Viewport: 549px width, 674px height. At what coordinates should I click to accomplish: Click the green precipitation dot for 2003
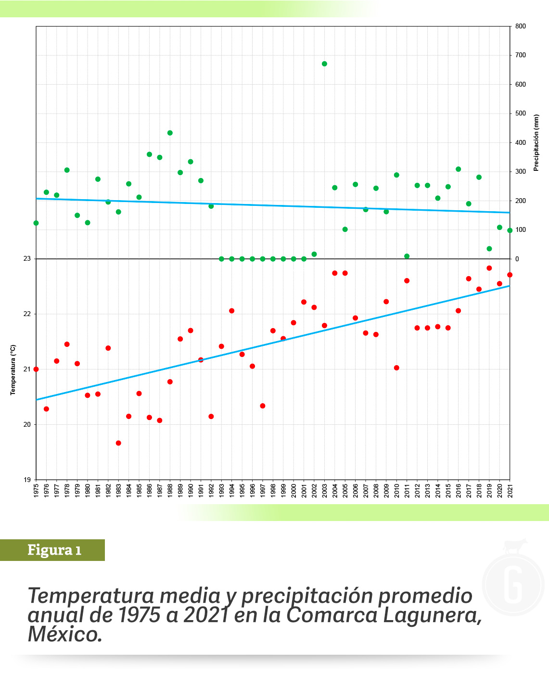[x=324, y=64]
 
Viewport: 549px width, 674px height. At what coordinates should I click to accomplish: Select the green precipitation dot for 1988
[x=170, y=133]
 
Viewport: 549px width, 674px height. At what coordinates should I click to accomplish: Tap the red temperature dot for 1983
[x=118, y=443]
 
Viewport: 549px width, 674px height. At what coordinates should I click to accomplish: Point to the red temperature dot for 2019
[x=489, y=268]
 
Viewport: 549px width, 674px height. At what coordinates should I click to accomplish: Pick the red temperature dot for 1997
[x=263, y=406]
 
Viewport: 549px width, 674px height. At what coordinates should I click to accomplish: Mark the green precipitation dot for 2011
[x=407, y=256]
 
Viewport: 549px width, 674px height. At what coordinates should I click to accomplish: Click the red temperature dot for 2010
[x=396, y=368]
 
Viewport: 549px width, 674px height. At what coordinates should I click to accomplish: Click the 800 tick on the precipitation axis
[x=521, y=26]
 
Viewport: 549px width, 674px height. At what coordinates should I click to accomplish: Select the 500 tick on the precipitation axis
[x=521, y=114]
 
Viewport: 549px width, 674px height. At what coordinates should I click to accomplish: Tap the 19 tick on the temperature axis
[x=27, y=480]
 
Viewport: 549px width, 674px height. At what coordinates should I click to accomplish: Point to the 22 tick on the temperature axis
[x=27, y=314]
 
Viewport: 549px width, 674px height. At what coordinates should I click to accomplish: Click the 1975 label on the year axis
[x=37, y=491]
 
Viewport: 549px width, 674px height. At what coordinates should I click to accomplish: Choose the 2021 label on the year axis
[x=510, y=491]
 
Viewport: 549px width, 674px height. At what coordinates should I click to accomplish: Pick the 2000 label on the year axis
[x=294, y=491]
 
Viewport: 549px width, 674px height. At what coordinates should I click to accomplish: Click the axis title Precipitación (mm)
[x=536, y=142]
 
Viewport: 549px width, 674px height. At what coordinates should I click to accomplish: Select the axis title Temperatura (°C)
[x=13, y=369]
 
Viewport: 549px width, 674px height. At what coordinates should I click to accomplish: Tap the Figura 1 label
[x=54, y=550]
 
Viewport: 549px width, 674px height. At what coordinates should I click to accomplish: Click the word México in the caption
[x=65, y=634]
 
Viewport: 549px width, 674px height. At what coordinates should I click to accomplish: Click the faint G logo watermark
[x=513, y=585]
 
